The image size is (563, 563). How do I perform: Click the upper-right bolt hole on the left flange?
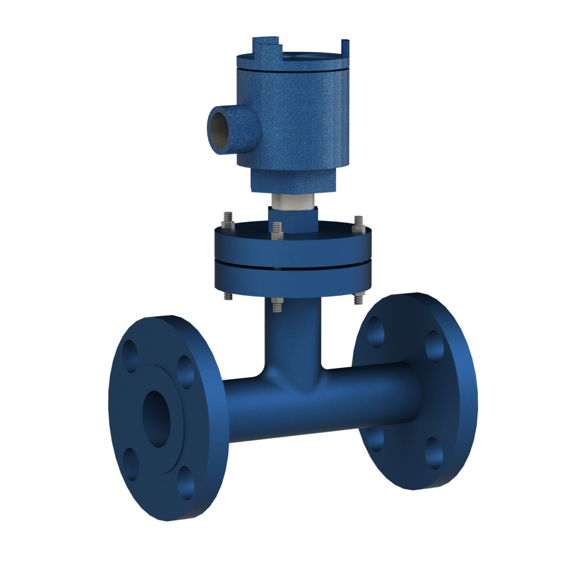point(185,372)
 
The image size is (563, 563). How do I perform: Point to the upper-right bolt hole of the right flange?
point(434,346)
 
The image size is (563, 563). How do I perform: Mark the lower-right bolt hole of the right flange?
point(434,453)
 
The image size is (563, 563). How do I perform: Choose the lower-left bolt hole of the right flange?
point(375,439)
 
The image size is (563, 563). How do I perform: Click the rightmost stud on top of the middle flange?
point(359,222)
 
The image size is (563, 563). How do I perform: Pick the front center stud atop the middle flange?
point(277,231)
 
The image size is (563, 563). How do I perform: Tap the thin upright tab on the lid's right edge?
point(345,48)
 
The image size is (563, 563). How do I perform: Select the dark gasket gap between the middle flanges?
point(291,263)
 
